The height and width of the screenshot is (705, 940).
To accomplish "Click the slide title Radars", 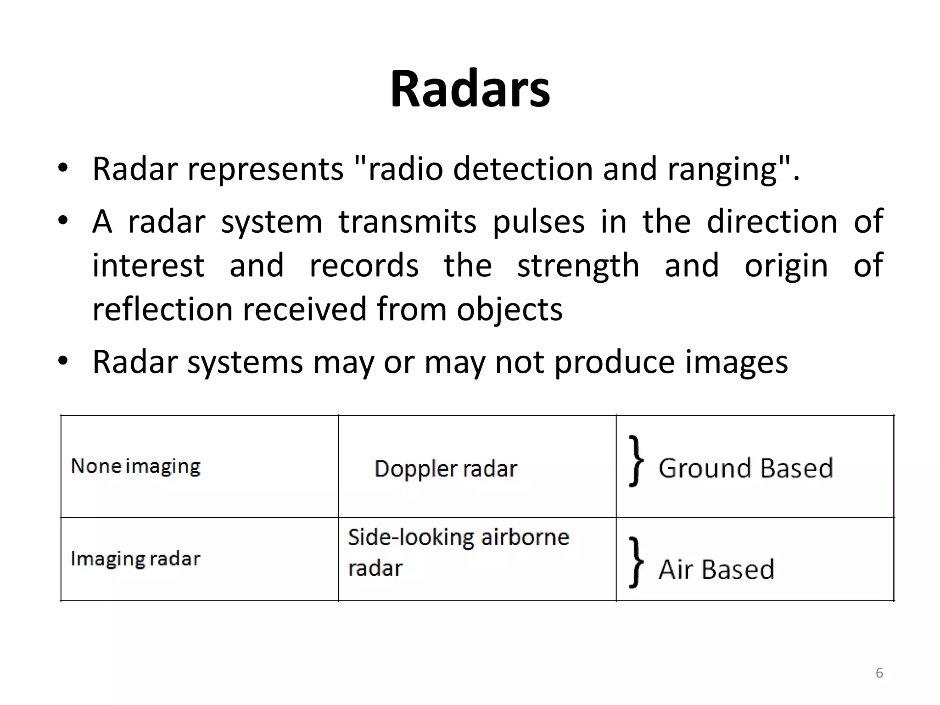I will coord(470,89).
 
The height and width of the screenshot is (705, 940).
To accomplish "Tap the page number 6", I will coord(879,673).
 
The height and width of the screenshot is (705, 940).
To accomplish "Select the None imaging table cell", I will coord(136,466).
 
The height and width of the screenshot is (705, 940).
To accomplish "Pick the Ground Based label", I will coord(745,468).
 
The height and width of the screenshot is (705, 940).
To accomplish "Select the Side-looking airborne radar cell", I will coord(458,552).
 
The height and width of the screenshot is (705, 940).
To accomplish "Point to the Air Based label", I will coord(716,570).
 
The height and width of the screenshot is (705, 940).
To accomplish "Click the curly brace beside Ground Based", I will coord(636,461).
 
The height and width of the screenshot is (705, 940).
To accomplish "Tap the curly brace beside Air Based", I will coord(636,562).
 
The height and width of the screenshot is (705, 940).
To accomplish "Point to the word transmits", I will coord(407,222).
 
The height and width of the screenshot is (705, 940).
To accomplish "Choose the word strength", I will coord(578,266).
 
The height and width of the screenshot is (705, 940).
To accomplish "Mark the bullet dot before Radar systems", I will coord(63,361).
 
